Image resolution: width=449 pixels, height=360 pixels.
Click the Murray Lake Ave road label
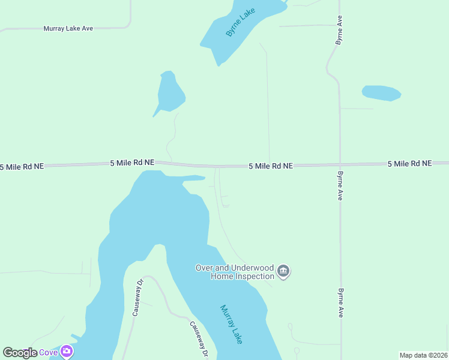tap(68, 28)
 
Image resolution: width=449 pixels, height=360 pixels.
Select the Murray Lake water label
tap(231, 324)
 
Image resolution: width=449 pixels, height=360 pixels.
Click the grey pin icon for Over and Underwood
tap(284, 272)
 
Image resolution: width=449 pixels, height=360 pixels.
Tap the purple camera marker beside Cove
tap(67, 351)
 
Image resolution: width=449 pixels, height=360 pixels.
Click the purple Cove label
tap(49, 352)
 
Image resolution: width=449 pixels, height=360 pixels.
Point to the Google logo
tap(20, 352)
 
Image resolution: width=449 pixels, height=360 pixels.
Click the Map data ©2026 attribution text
tap(423, 355)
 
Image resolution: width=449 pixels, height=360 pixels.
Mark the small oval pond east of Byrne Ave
tap(381, 93)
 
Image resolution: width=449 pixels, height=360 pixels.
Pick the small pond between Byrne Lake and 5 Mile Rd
tap(170, 93)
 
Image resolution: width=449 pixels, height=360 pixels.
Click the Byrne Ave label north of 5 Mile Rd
tap(340, 30)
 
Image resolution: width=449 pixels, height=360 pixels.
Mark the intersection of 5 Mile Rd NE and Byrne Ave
tap(340, 164)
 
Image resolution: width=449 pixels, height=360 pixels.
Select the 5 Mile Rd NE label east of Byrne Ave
tap(409, 163)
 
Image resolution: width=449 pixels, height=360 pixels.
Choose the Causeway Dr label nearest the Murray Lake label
tap(199, 340)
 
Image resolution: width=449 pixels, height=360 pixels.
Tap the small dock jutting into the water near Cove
tap(75, 337)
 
